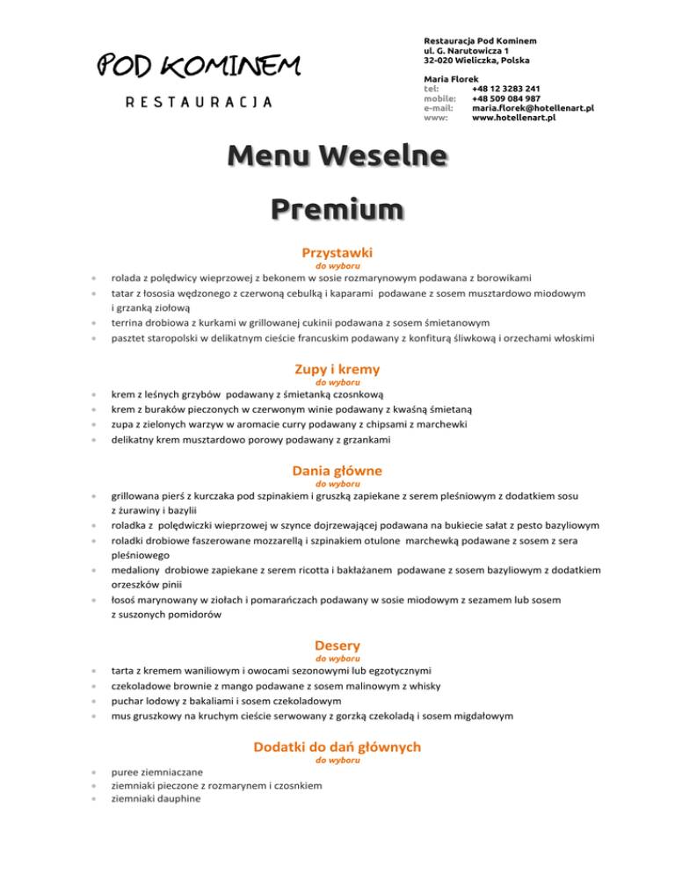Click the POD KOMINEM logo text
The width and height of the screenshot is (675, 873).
pos(198,65)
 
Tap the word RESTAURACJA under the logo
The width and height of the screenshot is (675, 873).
pos(199,101)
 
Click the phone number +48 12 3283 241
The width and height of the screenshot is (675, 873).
pos(505,89)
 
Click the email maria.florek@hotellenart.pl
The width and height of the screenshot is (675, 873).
pos(533,108)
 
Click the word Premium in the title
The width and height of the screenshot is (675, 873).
pos(337,212)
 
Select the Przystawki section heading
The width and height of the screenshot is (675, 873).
pos(337,251)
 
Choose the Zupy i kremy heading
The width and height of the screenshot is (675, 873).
pos(337,370)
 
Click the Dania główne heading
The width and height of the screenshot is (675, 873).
pos(337,471)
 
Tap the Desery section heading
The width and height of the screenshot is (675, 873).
pos(337,646)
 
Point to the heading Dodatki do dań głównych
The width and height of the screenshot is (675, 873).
pos(337,747)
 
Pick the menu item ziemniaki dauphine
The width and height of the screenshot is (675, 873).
pos(155,799)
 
